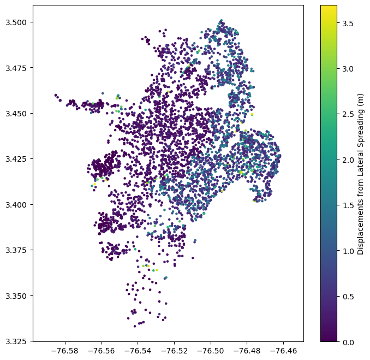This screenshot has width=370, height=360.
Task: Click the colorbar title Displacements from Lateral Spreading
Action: [361, 174]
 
